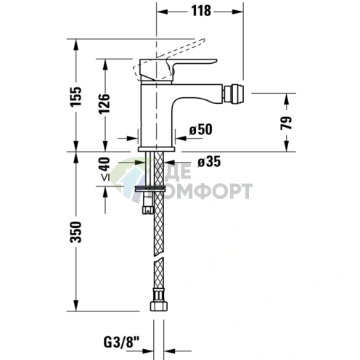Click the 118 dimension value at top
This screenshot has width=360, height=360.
pyautogui.click(x=202, y=11)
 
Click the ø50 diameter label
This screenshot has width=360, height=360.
pyautogui.click(x=200, y=129)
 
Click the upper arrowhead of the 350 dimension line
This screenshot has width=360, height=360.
pyautogui.click(x=76, y=156)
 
